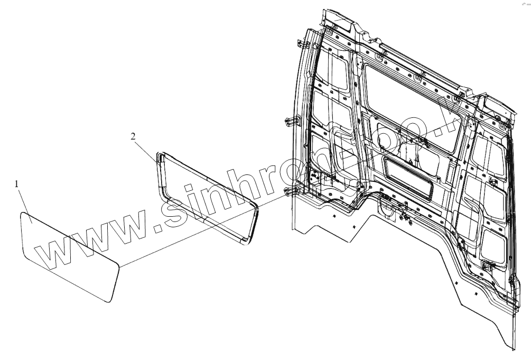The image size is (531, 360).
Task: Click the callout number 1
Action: (17, 184)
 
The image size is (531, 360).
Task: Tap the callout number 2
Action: (134, 136)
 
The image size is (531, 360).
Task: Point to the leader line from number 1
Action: (25, 200)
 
